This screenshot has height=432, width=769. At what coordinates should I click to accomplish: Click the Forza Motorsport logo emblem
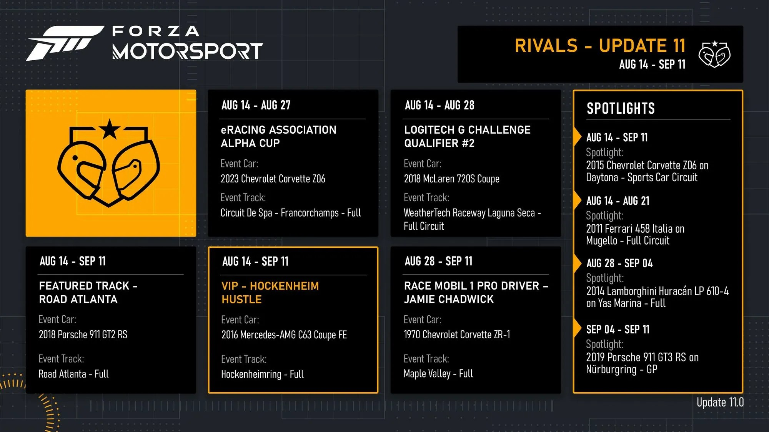[x=65, y=43]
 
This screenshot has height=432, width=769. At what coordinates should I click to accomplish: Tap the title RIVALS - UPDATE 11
[x=600, y=46]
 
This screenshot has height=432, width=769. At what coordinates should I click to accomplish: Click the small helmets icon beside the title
[x=714, y=54]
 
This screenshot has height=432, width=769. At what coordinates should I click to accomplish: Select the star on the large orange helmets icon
[x=110, y=129]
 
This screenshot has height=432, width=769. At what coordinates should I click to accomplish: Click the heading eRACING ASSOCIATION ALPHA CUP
[x=278, y=136]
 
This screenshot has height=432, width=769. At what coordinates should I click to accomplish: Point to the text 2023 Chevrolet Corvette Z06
[x=273, y=179]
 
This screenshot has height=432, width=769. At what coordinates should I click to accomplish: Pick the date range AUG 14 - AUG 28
[x=439, y=105]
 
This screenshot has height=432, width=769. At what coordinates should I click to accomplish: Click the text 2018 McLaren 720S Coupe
[x=452, y=179]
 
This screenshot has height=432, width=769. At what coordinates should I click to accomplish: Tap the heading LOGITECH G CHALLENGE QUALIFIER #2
[x=467, y=136]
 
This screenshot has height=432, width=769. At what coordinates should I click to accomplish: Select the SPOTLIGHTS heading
[x=621, y=109]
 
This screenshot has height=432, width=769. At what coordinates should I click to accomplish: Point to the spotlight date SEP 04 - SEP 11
[x=618, y=329]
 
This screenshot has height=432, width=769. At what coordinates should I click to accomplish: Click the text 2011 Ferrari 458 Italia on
[x=635, y=229]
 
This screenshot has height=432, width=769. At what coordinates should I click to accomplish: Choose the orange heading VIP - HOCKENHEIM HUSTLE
[x=270, y=293]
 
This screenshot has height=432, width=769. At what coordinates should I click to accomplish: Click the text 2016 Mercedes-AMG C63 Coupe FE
[x=284, y=335]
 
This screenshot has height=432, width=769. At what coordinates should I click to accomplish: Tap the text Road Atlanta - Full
[x=73, y=374]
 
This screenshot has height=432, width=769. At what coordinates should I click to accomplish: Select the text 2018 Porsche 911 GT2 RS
[x=83, y=335]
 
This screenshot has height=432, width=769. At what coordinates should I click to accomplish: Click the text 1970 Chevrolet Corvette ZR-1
[x=457, y=335]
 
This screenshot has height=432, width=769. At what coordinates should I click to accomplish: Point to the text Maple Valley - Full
[x=438, y=374]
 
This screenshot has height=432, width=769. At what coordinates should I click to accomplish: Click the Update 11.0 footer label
[x=720, y=402]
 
